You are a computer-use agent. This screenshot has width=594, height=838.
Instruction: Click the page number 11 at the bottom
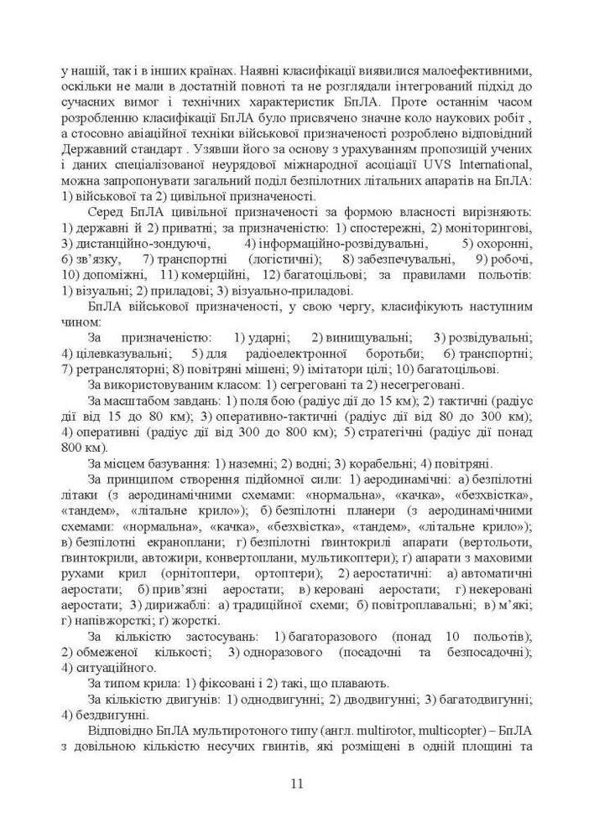click(x=297, y=784)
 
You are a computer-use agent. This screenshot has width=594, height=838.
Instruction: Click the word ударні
click(x=269, y=337)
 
